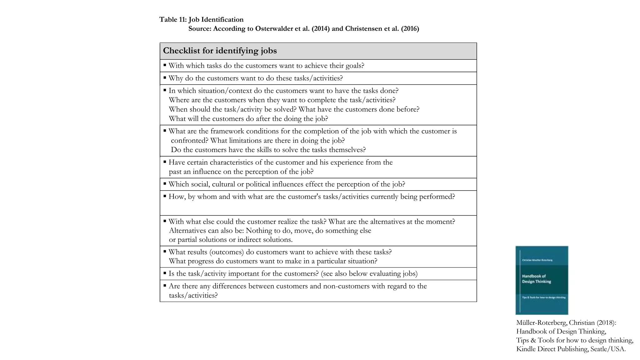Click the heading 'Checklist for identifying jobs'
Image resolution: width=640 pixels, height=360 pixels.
[220, 51]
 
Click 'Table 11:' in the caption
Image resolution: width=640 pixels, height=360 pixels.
[173, 20]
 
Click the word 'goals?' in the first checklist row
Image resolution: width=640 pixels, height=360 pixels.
[355, 66]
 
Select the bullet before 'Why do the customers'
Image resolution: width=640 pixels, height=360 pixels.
[165, 77]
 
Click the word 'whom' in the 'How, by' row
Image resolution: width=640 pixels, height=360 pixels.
[207, 197]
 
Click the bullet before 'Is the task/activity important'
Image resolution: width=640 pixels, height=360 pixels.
[165, 273]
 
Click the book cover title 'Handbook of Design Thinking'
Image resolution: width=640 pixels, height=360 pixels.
[536, 279]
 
